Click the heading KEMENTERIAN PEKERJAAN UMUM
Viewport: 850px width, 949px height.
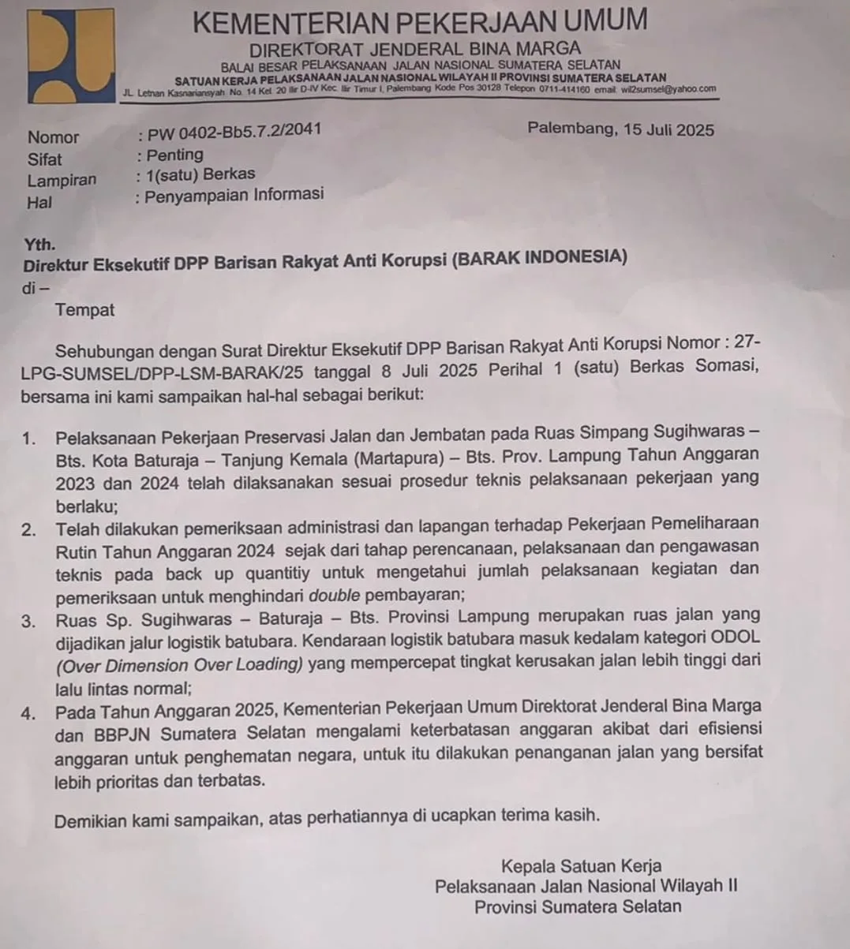419,21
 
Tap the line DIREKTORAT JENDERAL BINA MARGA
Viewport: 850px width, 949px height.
414,49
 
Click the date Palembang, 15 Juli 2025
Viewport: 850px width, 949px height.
620,129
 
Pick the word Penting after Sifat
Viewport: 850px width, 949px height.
174,155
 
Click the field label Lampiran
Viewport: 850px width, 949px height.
62,180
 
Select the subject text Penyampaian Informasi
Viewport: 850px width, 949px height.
234,195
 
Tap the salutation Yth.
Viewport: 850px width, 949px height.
39,245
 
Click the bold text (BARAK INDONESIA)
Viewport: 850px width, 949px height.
539,257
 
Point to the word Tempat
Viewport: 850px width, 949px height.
85,310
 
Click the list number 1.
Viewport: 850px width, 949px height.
29,439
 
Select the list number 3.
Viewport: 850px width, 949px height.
29,621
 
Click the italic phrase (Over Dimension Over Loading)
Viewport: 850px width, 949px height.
179,665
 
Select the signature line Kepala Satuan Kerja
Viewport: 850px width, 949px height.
581,866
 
